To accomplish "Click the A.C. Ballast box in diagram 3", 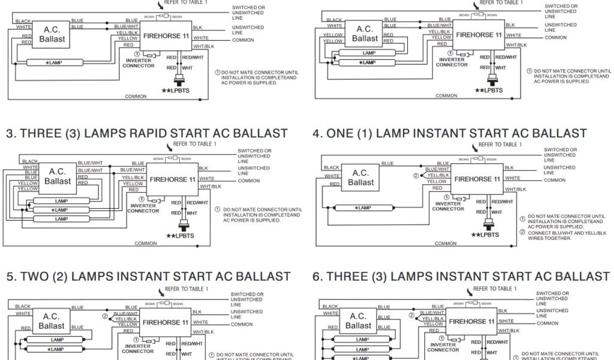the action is tap(58, 176).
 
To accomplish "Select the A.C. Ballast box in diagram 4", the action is tap(360, 178).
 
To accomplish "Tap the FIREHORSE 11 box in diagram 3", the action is tap(172, 179).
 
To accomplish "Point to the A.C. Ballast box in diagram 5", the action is tap(51, 321).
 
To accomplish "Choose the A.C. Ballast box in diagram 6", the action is tap(358, 321).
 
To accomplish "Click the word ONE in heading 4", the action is tap(340, 133).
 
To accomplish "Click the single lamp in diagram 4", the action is tap(363, 208).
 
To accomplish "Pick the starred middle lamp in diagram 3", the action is tap(61, 210).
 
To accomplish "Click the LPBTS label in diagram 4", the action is tap(486, 235).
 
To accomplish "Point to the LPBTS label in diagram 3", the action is tap(180, 235).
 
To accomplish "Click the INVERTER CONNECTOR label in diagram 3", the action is tap(143, 208).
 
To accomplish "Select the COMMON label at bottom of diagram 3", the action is tap(146, 244).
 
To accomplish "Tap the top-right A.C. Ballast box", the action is tap(365, 34).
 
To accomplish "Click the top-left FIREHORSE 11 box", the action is tap(167, 35).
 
